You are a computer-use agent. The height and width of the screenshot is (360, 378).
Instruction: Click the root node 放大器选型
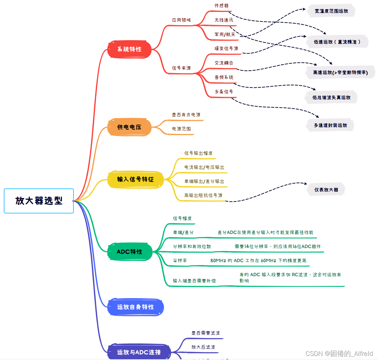point(39,201)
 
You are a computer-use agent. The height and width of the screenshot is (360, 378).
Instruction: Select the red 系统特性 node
point(129,49)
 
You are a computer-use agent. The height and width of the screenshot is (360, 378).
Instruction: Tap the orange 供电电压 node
point(129,127)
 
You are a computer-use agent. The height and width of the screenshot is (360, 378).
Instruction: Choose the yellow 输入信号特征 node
point(136,179)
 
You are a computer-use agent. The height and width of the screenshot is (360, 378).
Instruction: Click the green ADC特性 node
point(129,252)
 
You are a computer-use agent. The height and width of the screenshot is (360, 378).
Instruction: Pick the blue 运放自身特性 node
point(136,307)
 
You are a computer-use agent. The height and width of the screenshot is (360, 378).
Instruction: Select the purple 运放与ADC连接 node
point(139,352)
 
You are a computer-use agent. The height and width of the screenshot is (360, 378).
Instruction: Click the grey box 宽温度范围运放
point(331,11)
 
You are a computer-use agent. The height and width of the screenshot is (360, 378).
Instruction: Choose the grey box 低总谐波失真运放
point(331,97)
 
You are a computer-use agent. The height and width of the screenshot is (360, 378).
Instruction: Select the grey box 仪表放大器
point(326,189)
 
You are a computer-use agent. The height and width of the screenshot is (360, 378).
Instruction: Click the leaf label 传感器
point(221,5)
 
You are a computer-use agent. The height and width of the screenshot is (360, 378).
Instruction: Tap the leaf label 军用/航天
point(225,34)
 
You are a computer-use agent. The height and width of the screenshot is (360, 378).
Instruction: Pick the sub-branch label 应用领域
point(181,20)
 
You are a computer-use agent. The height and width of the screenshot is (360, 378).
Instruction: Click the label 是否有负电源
point(186,115)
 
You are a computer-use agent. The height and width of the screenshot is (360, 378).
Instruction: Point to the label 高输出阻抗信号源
point(203,195)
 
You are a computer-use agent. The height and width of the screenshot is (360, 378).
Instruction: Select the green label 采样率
point(180,260)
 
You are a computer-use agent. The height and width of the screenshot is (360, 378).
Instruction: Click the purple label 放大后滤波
point(203,347)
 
